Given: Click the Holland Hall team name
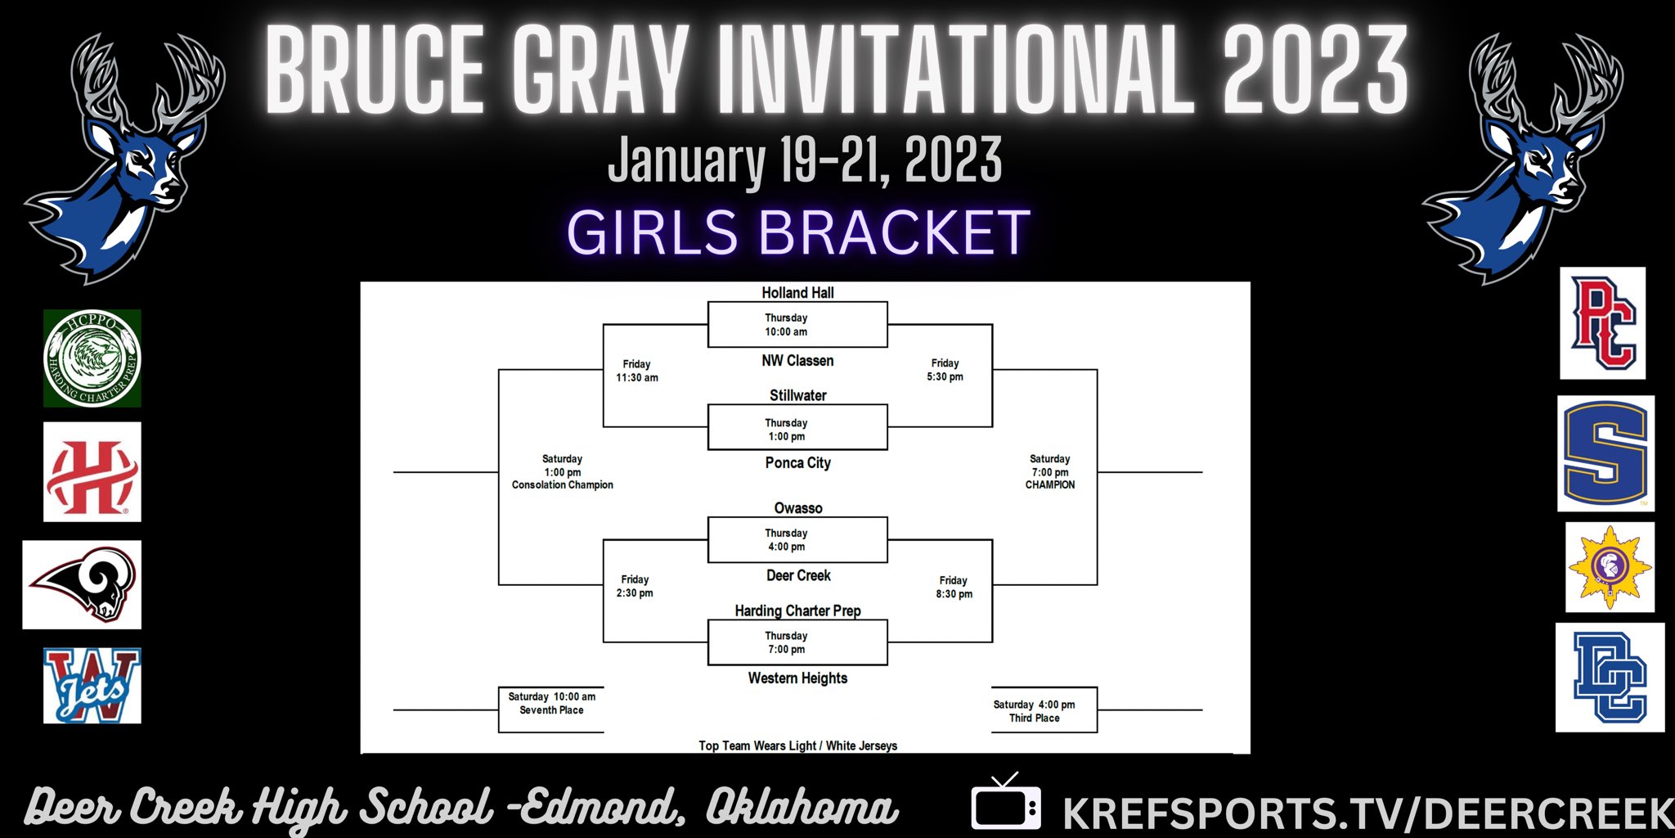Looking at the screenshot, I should (x=797, y=293).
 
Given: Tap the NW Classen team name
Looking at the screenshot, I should (x=797, y=361).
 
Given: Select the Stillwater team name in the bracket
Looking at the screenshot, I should (x=797, y=396).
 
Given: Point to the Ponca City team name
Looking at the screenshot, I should (x=797, y=463).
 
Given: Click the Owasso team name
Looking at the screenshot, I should (x=797, y=508).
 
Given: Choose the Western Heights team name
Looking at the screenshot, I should (x=797, y=678).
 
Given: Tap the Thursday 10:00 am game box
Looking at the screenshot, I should (x=797, y=325).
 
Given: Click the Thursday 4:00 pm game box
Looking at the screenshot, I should (x=797, y=540).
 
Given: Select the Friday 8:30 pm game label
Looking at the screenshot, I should (x=954, y=588).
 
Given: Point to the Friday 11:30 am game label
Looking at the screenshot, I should (x=636, y=371).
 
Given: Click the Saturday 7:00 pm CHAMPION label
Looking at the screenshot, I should (x=1050, y=472).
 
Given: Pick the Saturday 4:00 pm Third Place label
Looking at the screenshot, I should (x=1034, y=711).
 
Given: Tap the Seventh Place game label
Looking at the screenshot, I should (x=551, y=704).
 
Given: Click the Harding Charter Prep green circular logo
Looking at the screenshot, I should (x=92, y=358).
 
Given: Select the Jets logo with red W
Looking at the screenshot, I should (x=92, y=686).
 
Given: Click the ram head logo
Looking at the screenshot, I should (x=82, y=584).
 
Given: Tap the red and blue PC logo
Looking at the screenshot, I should (x=1602, y=323).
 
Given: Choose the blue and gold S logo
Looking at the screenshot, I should (x=1605, y=453).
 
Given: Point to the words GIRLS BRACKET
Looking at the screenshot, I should (x=797, y=232).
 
